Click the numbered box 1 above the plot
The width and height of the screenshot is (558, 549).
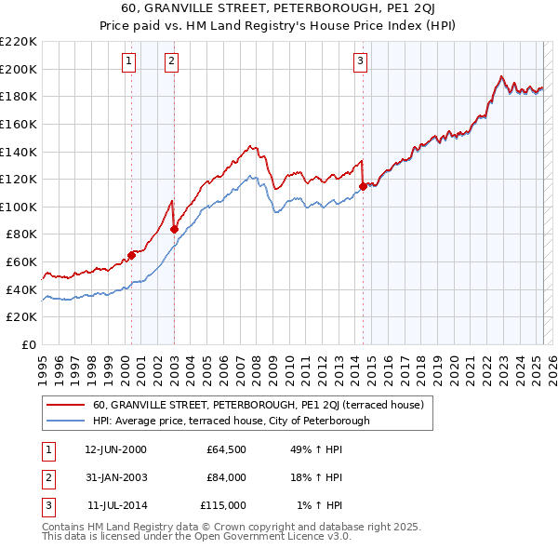tap(128, 62)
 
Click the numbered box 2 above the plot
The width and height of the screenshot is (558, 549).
tap(172, 62)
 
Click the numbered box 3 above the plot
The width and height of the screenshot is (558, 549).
tap(360, 62)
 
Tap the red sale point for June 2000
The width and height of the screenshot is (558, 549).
tap(131, 255)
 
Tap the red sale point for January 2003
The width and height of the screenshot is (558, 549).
tap(175, 228)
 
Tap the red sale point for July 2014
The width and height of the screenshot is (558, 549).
tap(363, 185)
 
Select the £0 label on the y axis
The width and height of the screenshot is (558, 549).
tap(28, 344)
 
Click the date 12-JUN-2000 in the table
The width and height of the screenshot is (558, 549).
tap(115, 449)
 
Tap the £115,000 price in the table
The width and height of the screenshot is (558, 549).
tap(223, 505)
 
